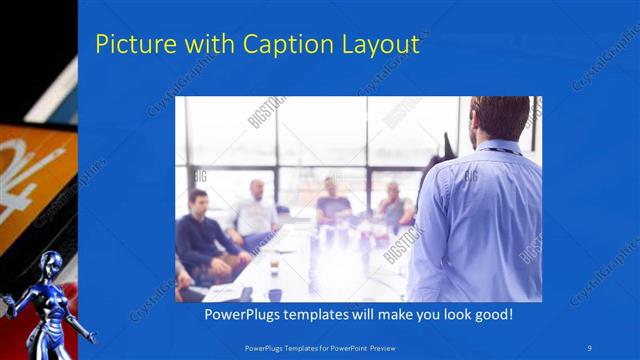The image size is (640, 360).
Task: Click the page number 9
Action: pyautogui.click(x=591, y=346)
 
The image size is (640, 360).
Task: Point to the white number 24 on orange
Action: pyautogui.click(x=30, y=165)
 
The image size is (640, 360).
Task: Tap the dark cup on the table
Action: pyautogui.click(x=274, y=294)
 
